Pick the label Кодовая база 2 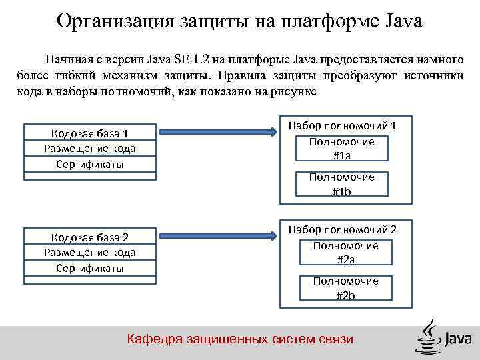tap(89, 237)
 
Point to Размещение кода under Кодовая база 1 tap(89, 147)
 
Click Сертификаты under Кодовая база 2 tap(89, 268)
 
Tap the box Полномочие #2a tap(345, 252)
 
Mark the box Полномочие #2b tap(345, 288)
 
